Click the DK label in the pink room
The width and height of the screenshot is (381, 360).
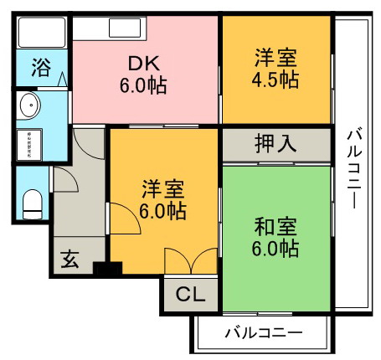144,64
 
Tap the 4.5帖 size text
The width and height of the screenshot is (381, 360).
275,80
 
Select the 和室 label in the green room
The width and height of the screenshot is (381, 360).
275,227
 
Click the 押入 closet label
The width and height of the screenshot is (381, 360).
275,144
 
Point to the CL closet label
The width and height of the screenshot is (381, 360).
191,294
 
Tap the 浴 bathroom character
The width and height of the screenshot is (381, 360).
41,68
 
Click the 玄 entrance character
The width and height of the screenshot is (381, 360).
70,259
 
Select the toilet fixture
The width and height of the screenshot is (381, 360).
33,204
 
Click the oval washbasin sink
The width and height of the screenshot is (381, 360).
28,105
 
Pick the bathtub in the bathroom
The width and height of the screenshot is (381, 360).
42,33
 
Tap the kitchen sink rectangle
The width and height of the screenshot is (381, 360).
125,28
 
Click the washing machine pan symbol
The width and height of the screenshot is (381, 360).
29,145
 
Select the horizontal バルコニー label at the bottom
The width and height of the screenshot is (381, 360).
264,332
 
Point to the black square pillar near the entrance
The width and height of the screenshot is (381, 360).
107,269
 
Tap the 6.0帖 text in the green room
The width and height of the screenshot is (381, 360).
275,248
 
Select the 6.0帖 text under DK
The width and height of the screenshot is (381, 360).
143,85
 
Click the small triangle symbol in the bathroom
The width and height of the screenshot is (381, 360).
62,79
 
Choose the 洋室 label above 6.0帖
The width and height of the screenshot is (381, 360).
163,189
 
